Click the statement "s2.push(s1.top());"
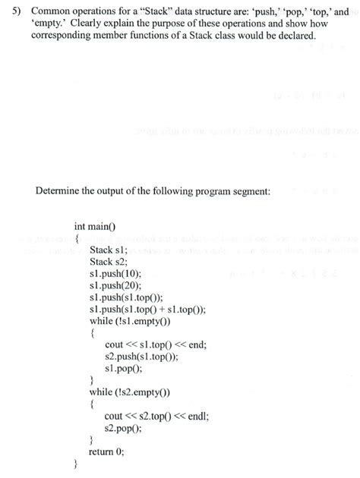(142, 356)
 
